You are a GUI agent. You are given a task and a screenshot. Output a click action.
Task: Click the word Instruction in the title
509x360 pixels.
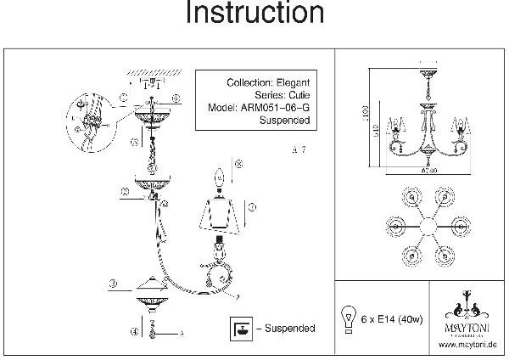pyautogui.click(x=254, y=14)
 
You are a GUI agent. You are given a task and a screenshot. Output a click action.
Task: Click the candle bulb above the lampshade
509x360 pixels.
pyautogui.click(x=218, y=179)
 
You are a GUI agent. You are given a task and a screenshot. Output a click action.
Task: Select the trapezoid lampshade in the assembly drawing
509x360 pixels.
pyautogui.click(x=224, y=217)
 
